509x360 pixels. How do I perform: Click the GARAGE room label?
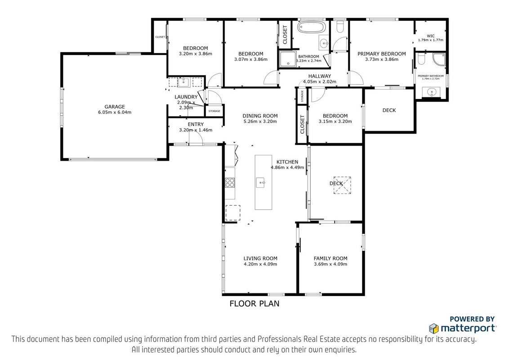click(x=115, y=107)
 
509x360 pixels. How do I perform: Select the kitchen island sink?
click(x=261, y=183)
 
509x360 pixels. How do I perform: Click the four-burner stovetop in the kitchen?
click(x=230, y=183)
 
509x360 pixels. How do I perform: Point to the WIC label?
click(x=430, y=36)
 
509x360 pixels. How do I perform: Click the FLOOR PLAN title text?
click(x=254, y=303)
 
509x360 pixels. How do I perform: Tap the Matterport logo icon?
click(x=434, y=328)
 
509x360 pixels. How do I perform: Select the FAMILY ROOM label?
click(x=330, y=258)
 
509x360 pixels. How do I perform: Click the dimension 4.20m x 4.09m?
click(x=260, y=264)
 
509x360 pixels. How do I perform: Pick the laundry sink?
click(x=184, y=82)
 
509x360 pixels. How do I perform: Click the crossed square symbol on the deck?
click(x=343, y=185)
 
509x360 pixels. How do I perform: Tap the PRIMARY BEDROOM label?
click(x=382, y=54)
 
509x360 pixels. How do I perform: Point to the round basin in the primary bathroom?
click(x=431, y=92)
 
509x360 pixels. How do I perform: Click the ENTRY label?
click(x=196, y=124)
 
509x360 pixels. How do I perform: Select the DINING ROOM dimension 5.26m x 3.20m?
click(x=260, y=121)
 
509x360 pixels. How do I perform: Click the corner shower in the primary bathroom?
click(x=439, y=59)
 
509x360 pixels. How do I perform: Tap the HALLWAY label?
click(x=320, y=76)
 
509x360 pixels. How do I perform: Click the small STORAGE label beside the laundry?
click(x=214, y=111)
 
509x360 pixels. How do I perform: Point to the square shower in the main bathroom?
click(x=288, y=59)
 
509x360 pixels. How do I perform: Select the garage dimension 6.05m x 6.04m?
click(x=115, y=112)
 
